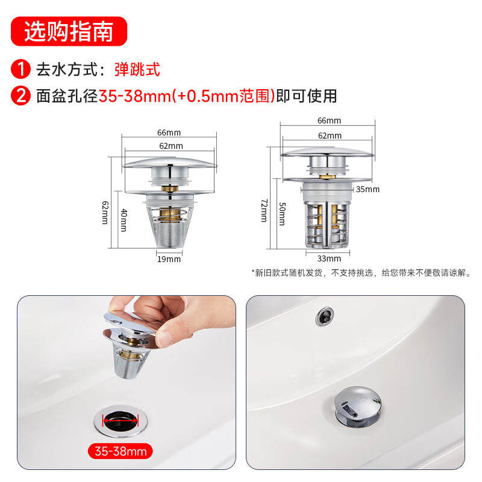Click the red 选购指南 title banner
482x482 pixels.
[x=69, y=31]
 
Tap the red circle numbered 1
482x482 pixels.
[x=21, y=69]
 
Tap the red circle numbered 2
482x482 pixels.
[x=21, y=96]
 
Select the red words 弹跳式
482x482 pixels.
[x=137, y=69]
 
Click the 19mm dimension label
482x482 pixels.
[x=169, y=259]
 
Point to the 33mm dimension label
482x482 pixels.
[x=329, y=258]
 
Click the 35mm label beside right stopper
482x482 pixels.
[x=368, y=189]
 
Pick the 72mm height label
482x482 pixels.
[x=264, y=210]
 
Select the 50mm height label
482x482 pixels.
[x=282, y=214]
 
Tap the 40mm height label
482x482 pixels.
[x=124, y=220]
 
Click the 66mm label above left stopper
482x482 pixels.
[x=169, y=133]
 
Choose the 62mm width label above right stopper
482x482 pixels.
[x=330, y=136]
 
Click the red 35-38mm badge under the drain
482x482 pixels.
[x=120, y=451]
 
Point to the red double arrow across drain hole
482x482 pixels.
[x=120, y=420]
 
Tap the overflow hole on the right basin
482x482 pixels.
[x=325, y=316]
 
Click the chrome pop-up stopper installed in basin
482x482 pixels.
[x=358, y=407]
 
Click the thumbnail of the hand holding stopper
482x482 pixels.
[x=127, y=383]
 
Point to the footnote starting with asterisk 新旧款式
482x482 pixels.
[x=361, y=273]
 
